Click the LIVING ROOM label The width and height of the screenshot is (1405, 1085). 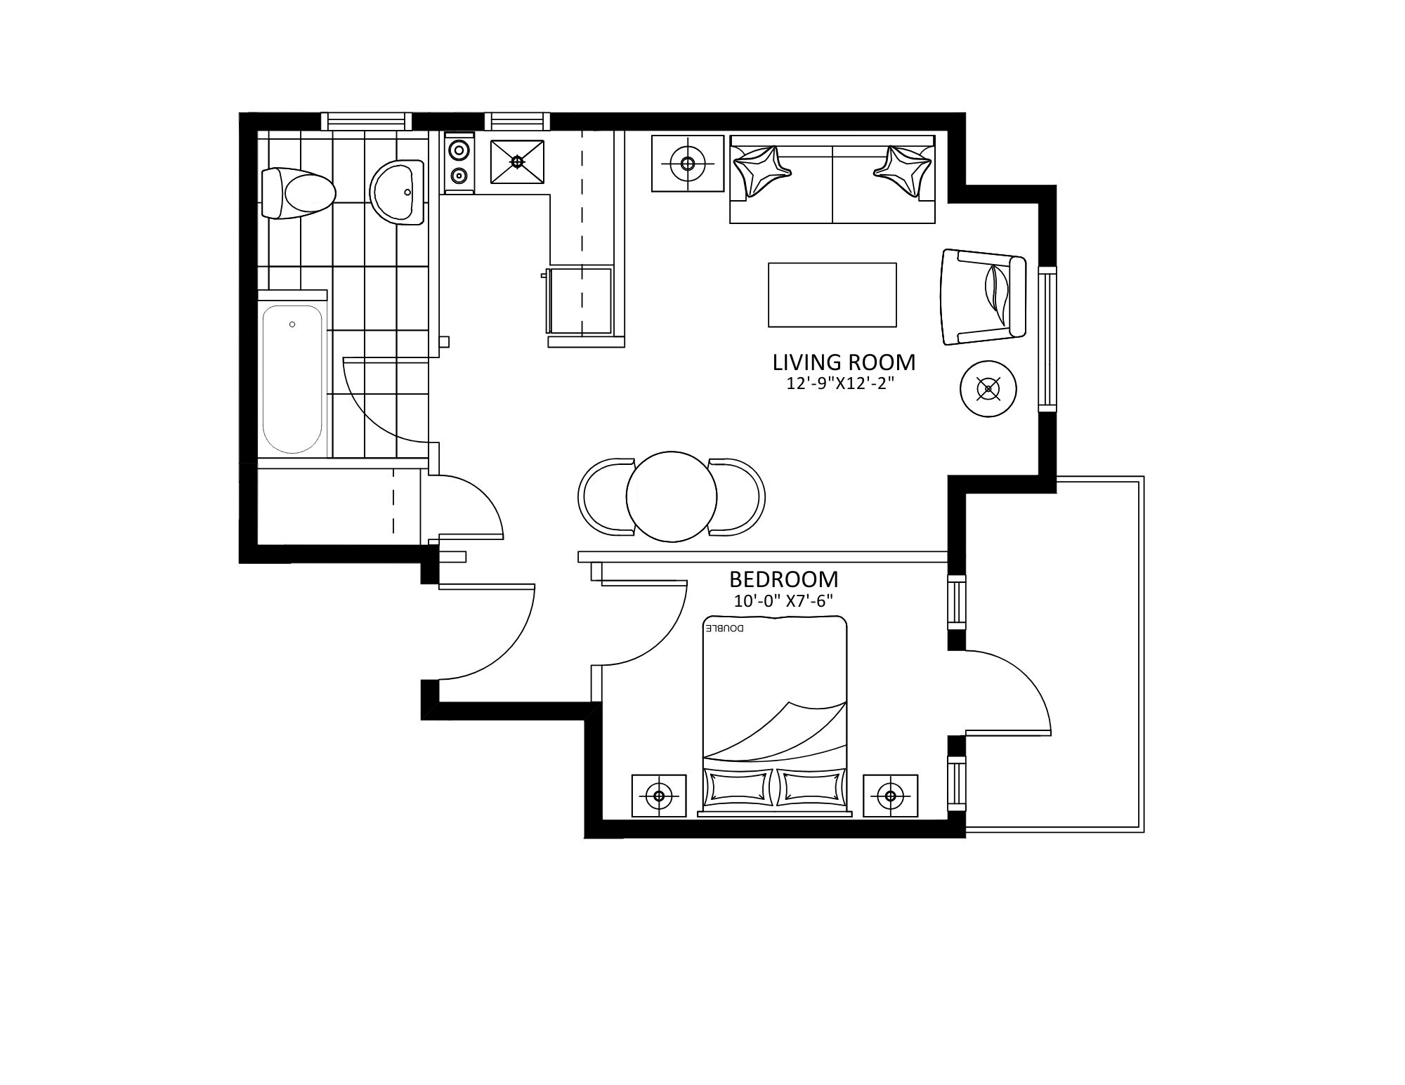844,362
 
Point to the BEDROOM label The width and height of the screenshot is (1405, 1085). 783,579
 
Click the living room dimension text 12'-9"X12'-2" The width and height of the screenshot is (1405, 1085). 844,384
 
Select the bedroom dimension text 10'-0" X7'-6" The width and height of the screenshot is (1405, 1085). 783,601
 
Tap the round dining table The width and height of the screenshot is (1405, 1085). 672,497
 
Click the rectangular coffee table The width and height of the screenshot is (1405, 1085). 832,295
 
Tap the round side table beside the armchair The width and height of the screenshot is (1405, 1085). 989,388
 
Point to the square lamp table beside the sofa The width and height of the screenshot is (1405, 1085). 688,164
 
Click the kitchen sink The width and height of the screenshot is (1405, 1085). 518,162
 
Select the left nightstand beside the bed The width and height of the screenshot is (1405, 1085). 659,796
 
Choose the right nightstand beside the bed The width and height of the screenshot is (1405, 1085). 891,796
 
